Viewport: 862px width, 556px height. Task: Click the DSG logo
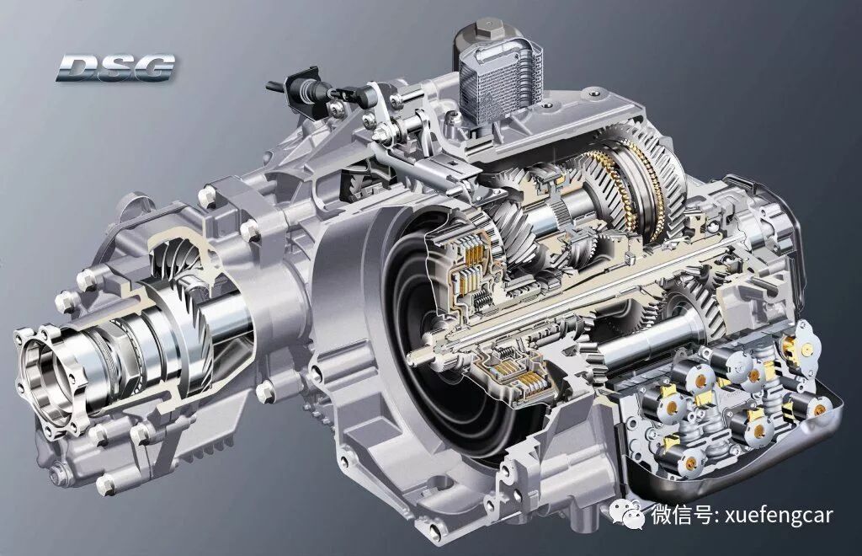coord(115,67)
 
